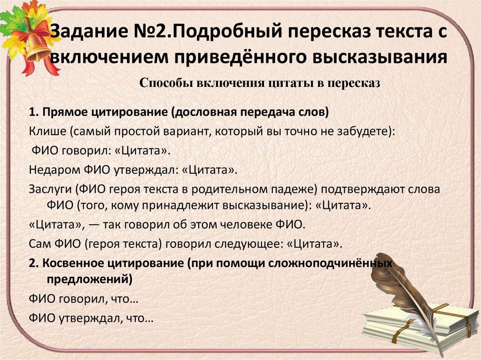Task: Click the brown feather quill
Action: [409, 286]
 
